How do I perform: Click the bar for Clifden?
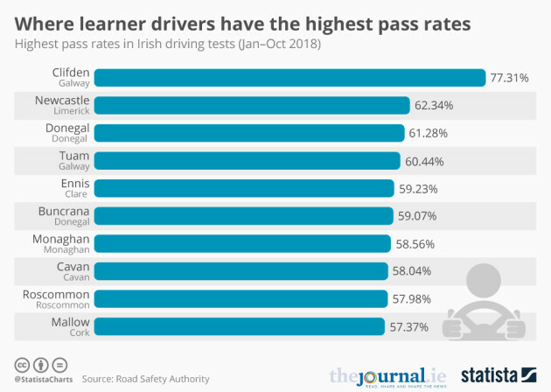(x=289, y=78)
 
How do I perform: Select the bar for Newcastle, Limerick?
(x=251, y=106)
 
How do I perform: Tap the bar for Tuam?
(x=247, y=161)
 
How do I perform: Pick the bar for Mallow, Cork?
(x=238, y=326)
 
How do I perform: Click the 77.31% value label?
(x=509, y=78)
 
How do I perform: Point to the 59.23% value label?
(x=418, y=188)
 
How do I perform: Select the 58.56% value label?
(x=415, y=243)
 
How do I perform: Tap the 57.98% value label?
(x=413, y=299)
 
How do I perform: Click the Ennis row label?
(x=73, y=188)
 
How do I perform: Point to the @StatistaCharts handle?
(x=41, y=379)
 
